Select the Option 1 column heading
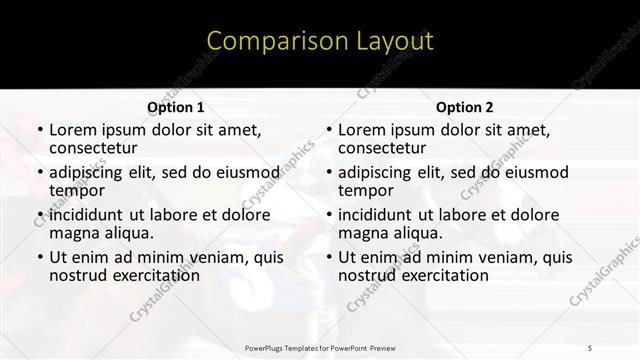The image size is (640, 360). point(175,107)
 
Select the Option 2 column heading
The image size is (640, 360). point(464,107)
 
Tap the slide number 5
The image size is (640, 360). point(590,346)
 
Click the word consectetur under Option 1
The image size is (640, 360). point(95,147)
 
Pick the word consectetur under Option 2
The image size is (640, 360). point(384,147)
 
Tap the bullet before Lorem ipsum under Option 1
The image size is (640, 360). point(40,130)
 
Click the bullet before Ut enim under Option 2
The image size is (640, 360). point(329,258)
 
